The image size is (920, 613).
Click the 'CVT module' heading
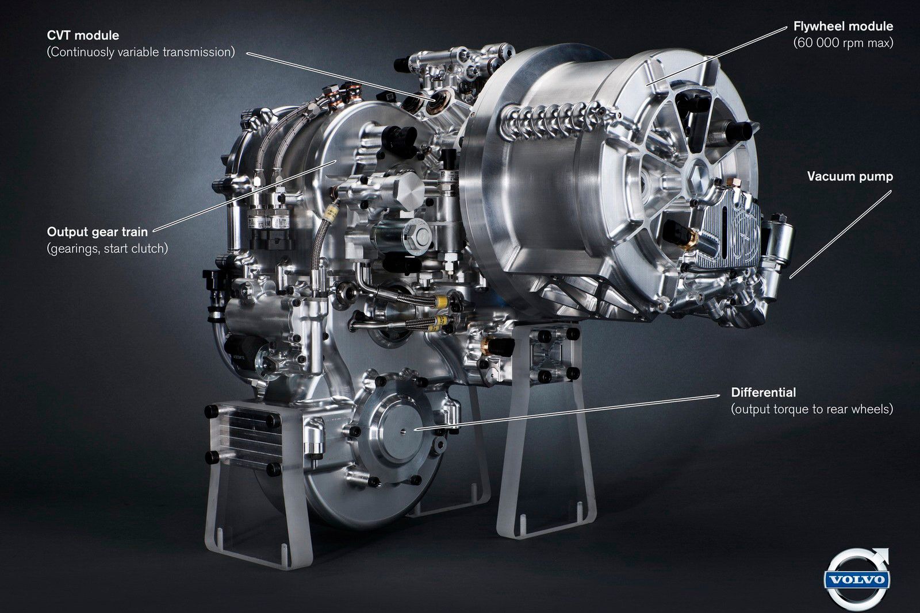(x=83, y=35)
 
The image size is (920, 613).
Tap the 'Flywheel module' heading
(x=843, y=26)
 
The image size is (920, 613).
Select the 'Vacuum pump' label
(x=850, y=176)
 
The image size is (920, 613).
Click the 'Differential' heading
(x=764, y=392)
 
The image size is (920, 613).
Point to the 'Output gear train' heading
(x=97, y=232)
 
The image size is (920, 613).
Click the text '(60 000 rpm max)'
(x=843, y=43)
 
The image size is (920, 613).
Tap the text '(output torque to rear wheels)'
(x=812, y=409)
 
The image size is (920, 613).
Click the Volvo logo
(x=857, y=579)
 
